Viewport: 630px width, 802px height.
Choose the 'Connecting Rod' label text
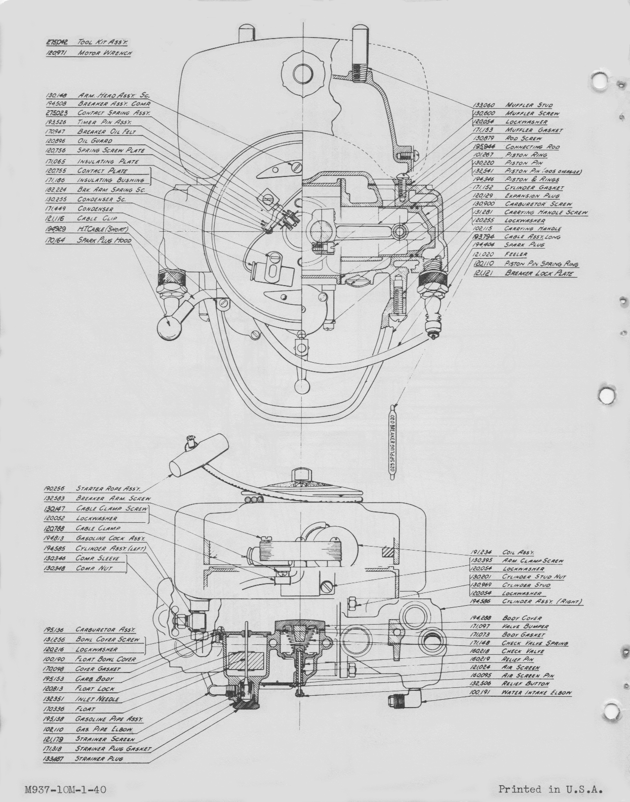click(532, 147)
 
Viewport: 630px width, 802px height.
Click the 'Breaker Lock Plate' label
click(539, 273)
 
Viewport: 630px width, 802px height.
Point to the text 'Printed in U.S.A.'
click(551, 789)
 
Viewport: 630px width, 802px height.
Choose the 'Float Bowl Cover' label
click(105, 659)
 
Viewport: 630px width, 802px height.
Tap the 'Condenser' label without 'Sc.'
click(95, 209)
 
